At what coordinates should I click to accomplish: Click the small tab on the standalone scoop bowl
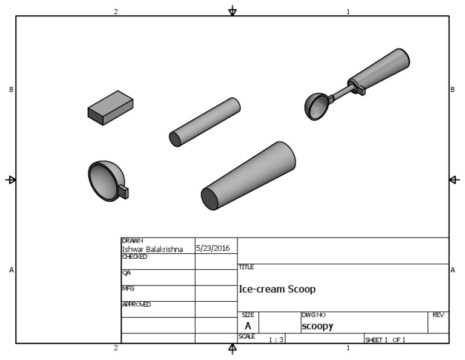tap(124, 192)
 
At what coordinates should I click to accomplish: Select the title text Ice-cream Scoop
tap(277, 289)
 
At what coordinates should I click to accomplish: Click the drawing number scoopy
tap(317, 326)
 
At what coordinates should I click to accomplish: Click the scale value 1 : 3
tap(276, 340)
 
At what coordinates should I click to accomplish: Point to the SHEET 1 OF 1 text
tap(384, 340)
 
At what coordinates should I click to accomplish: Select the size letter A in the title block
tap(248, 326)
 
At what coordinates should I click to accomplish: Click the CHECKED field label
tap(135, 256)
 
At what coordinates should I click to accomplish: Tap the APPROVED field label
tap(136, 304)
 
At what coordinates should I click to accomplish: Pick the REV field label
tap(438, 315)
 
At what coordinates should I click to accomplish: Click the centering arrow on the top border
tap(232, 12)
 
